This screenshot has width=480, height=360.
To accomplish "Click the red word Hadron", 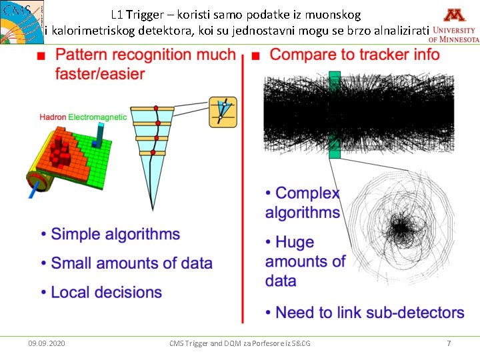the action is (x=53, y=117).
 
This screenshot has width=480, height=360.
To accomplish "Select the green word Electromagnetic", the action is (x=97, y=117).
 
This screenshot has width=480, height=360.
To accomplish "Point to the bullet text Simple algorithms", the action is (x=115, y=234).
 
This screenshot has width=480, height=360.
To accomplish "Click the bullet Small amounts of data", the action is (x=131, y=263).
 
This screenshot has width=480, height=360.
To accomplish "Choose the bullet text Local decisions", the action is (x=106, y=292).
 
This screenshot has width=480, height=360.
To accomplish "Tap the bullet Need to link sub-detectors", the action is (x=369, y=312).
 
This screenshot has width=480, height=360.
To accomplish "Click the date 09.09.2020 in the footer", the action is (x=47, y=343).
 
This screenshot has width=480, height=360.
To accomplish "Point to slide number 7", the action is (x=449, y=343).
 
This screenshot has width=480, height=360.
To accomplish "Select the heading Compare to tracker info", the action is (x=355, y=54).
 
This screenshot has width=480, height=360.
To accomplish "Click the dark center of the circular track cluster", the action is (x=401, y=229).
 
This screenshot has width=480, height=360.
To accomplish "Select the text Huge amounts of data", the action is (x=305, y=261).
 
